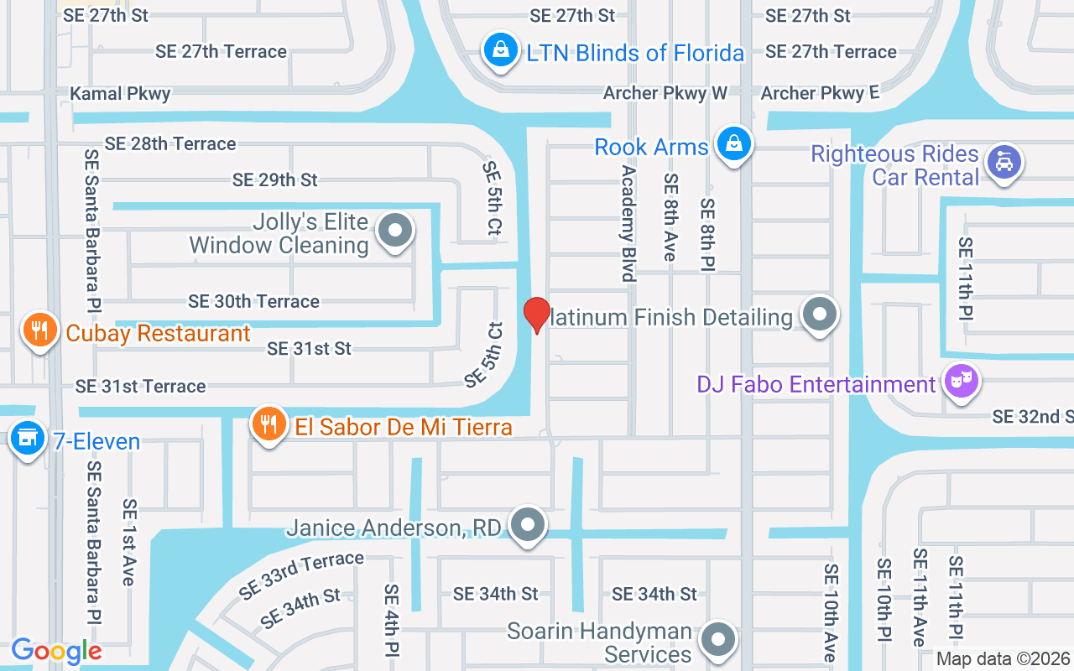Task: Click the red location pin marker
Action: (x=537, y=315)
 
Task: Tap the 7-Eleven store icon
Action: (x=29, y=438)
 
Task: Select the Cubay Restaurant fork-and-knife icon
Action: (x=39, y=330)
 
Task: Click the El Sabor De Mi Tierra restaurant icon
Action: (x=268, y=424)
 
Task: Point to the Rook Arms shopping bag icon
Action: (x=734, y=143)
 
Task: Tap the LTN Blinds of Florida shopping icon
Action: (x=500, y=49)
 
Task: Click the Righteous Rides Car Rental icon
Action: (x=1004, y=162)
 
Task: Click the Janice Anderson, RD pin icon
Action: (x=528, y=525)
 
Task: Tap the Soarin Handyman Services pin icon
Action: (x=717, y=640)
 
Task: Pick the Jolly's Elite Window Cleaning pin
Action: (x=394, y=230)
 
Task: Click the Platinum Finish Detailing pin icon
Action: (x=820, y=315)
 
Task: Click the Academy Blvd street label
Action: (x=628, y=222)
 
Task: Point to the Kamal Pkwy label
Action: (x=120, y=93)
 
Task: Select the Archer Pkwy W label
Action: (x=665, y=92)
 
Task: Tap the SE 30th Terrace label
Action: (x=253, y=301)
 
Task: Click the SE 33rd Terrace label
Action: (x=301, y=574)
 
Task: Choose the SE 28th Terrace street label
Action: (x=170, y=143)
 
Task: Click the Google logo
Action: (x=56, y=651)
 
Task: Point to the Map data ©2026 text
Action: (x=1003, y=659)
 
